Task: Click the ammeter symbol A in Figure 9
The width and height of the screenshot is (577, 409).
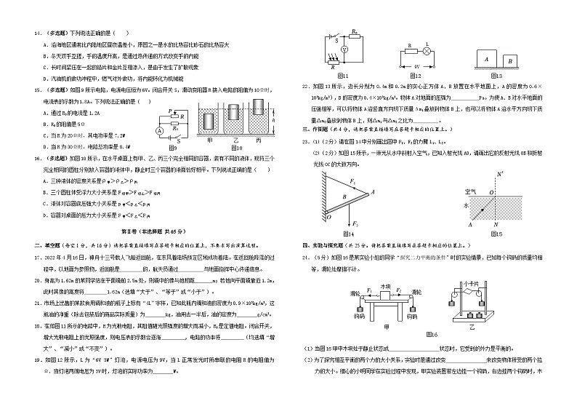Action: pos(160,130)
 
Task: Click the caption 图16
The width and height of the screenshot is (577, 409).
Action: pos(434,333)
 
